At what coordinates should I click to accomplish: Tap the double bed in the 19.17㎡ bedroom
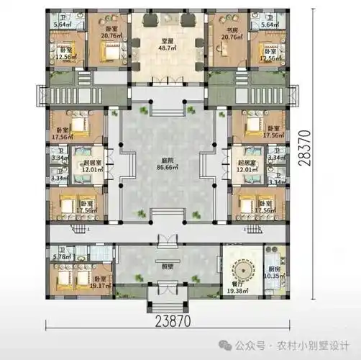(65, 277)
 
